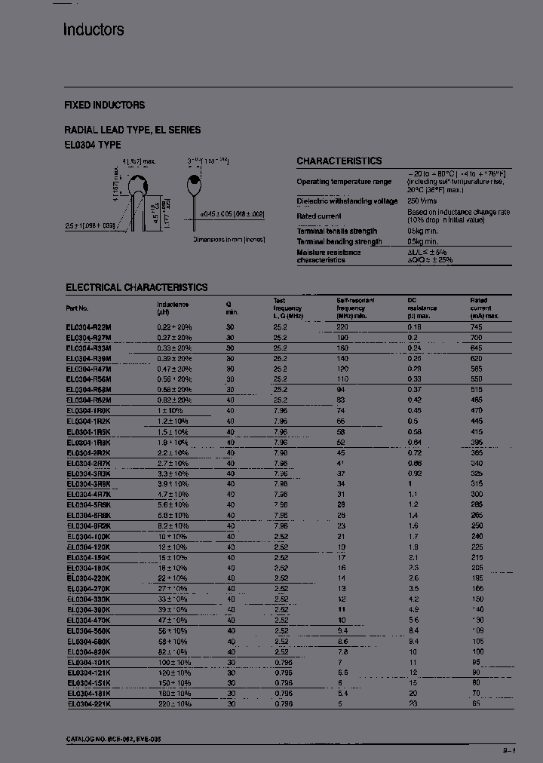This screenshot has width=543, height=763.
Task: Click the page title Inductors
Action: [94, 30]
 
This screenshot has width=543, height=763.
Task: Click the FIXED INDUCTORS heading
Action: [105, 105]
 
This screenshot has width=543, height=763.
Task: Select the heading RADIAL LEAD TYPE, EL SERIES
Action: [133, 130]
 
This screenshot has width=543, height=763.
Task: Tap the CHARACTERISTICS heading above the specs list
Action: [339, 161]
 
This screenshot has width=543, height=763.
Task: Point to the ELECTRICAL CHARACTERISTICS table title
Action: [137, 287]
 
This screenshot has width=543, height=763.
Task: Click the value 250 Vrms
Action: [423, 201]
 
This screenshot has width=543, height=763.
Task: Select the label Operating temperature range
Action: [344, 182]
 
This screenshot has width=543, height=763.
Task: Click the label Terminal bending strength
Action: [339, 241]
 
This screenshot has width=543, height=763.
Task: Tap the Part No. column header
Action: [77, 308]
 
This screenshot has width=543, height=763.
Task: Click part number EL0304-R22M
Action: [88, 327]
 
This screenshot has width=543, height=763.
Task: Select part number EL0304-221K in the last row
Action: [88, 703]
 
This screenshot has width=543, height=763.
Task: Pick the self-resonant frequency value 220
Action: [342, 327]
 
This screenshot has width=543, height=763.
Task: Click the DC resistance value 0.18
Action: [414, 327]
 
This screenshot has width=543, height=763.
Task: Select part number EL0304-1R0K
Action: [88, 411]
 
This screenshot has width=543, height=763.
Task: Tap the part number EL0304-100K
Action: [88, 536]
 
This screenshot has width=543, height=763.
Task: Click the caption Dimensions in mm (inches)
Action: [228, 239]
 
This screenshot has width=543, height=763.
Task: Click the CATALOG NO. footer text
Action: [112, 740]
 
